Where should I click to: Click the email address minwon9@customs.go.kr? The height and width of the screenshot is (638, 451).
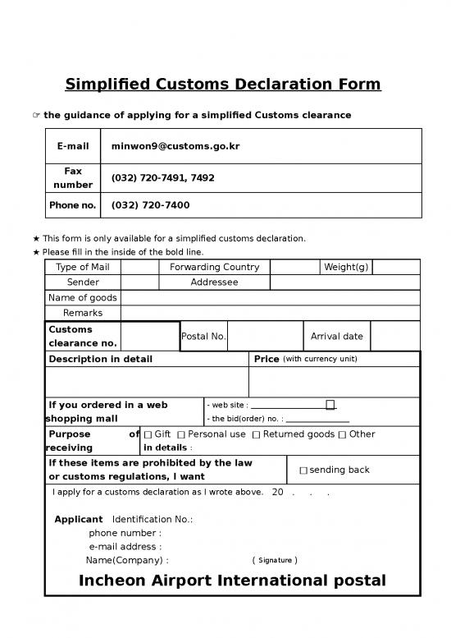pyautogui.click(x=175, y=146)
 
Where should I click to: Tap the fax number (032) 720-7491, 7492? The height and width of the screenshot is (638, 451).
pyautogui.click(x=162, y=178)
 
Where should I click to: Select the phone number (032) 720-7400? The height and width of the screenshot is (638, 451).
pyautogui.click(x=150, y=205)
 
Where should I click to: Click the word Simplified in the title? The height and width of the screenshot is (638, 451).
pyautogui.click(x=107, y=85)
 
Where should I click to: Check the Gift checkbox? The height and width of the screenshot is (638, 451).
pyautogui.click(x=148, y=434)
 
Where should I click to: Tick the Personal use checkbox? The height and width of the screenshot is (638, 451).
pyautogui.click(x=180, y=434)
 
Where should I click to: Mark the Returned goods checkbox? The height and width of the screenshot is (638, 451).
pyautogui.click(x=256, y=434)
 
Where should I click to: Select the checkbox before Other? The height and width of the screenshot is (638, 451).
pyautogui.click(x=342, y=434)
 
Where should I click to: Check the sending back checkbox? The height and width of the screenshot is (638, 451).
pyautogui.click(x=303, y=470)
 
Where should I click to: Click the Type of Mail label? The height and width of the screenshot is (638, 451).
pyautogui.click(x=82, y=268)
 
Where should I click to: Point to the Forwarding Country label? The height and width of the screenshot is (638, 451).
pyautogui.click(x=214, y=268)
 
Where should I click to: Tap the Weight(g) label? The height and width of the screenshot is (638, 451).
pyautogui.click(x=346, y=268)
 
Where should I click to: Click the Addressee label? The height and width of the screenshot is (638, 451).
pyautogui.click(x=214, y=282)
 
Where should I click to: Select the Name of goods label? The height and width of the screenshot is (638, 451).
pyautogui.click(x=83, y=297)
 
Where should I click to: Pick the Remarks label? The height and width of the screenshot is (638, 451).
pyautogui.click(x=82, y=313)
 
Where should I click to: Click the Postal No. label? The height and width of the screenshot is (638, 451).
pyautogui.click(x=203, y=337)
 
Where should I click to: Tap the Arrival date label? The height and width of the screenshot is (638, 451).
pyautogui.click(x=336, y=337)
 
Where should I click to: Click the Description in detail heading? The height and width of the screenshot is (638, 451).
pyautogui.click(x=100, y=360)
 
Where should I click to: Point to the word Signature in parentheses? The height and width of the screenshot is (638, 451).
pyautogui.click(x=275, y=561)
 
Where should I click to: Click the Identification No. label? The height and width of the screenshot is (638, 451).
pyautogui.click(x=152, y=520)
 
